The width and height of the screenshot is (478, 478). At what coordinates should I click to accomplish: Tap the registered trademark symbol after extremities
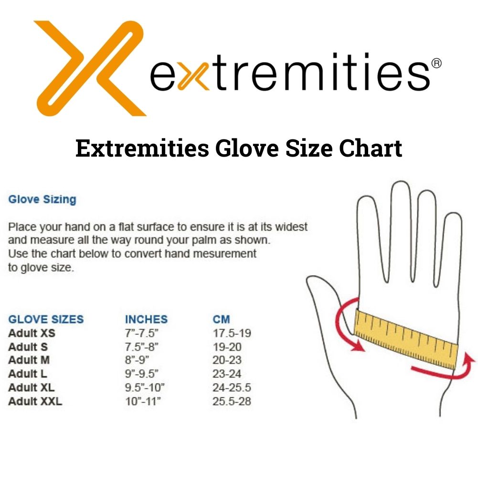(x=436, y=63)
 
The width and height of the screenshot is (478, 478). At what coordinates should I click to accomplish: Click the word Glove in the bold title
(x=247, y=148)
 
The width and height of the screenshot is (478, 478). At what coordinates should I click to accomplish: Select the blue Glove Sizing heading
(x=42, y=200)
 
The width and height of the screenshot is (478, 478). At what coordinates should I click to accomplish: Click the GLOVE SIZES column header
(x=46, y=319)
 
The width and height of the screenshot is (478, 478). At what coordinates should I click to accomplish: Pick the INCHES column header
(x=146, y=319)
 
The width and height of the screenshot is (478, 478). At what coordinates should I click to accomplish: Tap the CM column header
(x=221, y=319)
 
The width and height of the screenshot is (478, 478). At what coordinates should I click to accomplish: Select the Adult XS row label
(x=32, y=333)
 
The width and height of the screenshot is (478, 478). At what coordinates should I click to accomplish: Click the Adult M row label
(x=29, y=360)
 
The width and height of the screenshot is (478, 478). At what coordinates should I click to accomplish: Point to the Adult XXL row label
(x=35, y=401)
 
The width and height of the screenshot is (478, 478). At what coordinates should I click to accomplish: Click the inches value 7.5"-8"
(x=141, y=347)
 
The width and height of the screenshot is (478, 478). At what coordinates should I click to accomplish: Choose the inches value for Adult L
(x=141, y=374)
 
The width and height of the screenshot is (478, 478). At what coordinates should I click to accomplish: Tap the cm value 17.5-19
(x=232, y=333)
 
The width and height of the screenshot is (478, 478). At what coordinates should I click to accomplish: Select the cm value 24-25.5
(x=232, y=387)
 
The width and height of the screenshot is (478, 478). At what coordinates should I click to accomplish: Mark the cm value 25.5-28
(x=232, y=401)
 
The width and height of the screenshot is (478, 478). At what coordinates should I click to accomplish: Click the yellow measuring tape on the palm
(x=406, y=339)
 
